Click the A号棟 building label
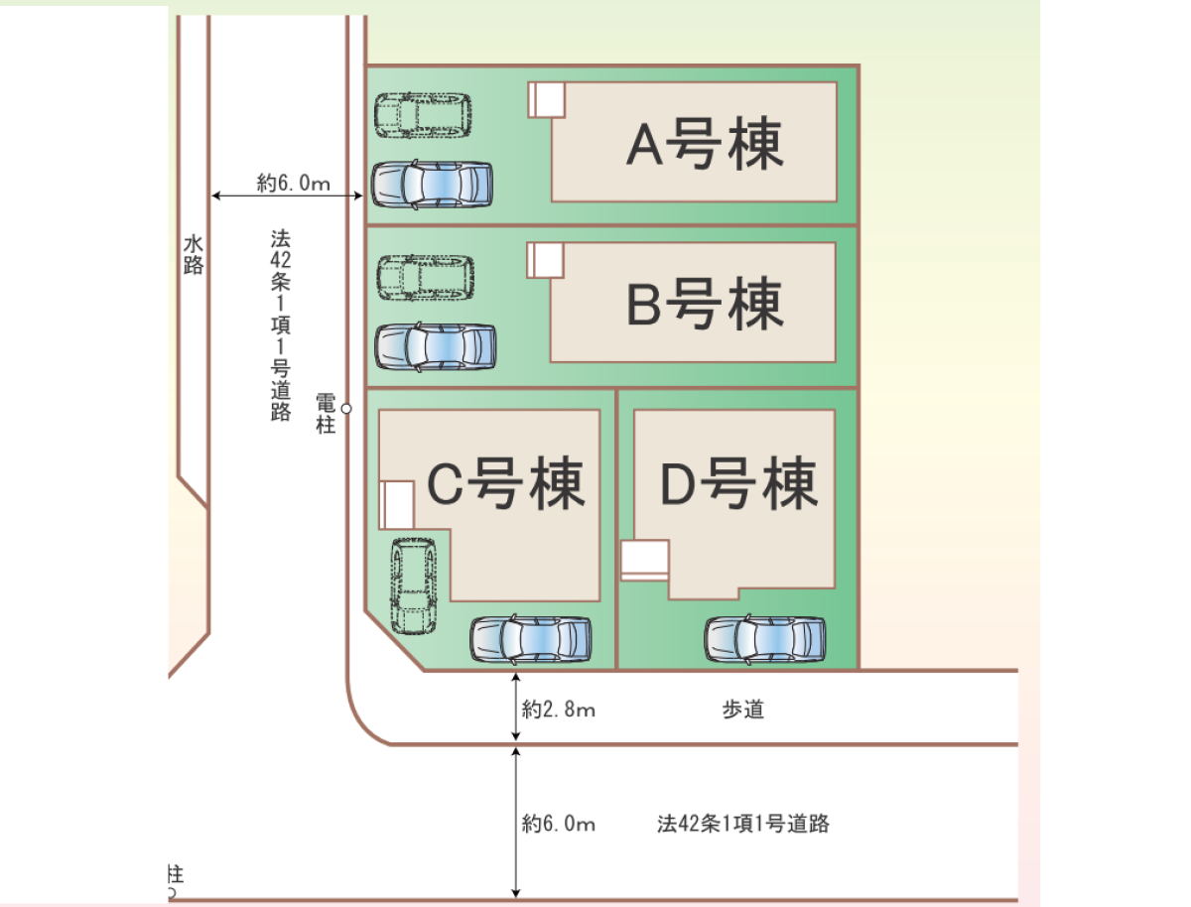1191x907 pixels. pyautogui.click(x=705, y=144)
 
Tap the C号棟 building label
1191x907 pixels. pyautogui.click(x=505, y=483)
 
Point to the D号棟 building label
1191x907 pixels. pyautogui.click(x=739, y=483)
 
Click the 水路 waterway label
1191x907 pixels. pyautogui.click(x=194, y=253)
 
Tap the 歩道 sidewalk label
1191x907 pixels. pyautogui.click(x=742, y=710)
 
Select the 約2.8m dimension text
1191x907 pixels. pyautogui.click(x=559, y=710)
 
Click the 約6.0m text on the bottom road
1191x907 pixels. pyautogui.click(x=559, y=824)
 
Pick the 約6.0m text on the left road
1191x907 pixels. pyautogui.click(x=293, y=183)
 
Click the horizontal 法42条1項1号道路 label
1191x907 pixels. pyautogui.click(x=742, y=824)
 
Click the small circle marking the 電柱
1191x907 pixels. pyautogui.click(x=346, y=408)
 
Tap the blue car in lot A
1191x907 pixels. pyautogui.click(x=432, y=185)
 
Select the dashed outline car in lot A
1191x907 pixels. pyautogui.click(x=424, y=115)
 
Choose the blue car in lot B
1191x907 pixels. pyautogui.click(x=435, y=346)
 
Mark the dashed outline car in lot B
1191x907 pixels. pyautogui.click(x=425, y=278)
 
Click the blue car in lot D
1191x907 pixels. pyautogui.click(x=765, y=640)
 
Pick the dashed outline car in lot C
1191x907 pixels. pyautogui.click(x=413, y=585)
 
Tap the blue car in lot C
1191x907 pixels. pyautogui.click(x=530, y=640)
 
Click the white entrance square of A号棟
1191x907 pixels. pyautogui.click(x=547, y=98)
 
